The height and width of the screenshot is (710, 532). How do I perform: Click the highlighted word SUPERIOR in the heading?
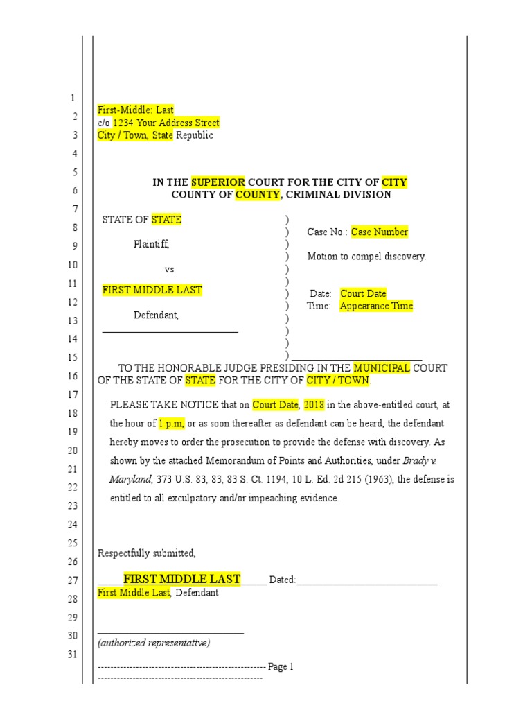218,182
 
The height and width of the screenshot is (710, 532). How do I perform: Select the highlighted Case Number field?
379,232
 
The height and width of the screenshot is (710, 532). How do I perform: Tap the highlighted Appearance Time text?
376,306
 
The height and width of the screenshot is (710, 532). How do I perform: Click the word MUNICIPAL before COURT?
382,367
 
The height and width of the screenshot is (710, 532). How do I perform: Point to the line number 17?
73,395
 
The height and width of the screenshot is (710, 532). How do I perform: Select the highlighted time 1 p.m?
171,423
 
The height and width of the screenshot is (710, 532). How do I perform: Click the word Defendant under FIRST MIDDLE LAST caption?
156,315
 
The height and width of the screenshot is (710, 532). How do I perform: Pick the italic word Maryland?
130,479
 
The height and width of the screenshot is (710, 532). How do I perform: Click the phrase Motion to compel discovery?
366,257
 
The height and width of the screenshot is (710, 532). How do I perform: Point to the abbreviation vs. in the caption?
170,269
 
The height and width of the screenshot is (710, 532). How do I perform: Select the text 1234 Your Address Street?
166,123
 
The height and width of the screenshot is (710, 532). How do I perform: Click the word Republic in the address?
195,135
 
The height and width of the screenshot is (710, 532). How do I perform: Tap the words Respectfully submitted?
147,553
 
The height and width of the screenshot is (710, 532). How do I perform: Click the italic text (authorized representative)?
154,643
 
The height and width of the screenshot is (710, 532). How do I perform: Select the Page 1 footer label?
281,667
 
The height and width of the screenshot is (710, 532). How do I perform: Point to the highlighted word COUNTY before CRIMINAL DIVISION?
257,195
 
